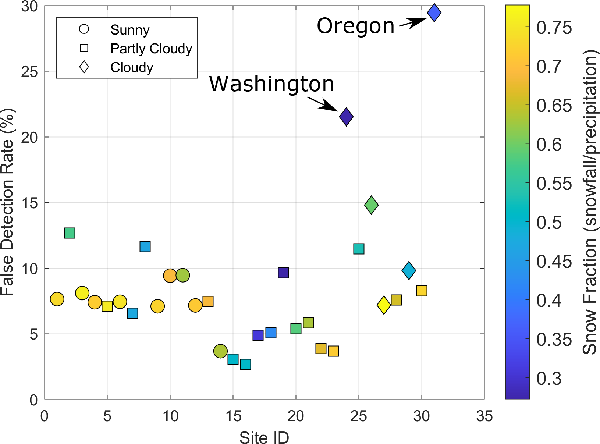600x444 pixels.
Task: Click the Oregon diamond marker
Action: point(434,13)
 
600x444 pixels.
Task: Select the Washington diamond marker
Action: point(346,117)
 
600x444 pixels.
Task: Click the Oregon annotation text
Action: point(355,26)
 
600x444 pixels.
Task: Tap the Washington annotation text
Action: point(272,84)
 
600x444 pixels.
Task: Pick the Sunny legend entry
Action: point(129,30)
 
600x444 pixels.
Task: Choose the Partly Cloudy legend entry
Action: point(151,49)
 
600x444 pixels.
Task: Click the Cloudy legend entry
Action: point(131,67)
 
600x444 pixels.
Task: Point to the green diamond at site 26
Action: point(371,205)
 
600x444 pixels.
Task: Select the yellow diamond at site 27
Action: point(384,305)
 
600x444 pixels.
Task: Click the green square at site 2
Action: point(70,233)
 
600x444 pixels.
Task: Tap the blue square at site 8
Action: point(145,246)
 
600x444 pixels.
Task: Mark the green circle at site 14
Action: point(220,351)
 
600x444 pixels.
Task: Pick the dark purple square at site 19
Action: point(283,273)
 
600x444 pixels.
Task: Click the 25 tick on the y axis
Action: point(29,72)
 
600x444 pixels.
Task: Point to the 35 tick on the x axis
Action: point(484,416)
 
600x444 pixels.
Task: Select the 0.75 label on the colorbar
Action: point(554,28)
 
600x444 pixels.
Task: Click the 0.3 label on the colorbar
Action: point(549,379)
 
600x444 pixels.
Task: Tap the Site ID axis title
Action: point(264,438)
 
